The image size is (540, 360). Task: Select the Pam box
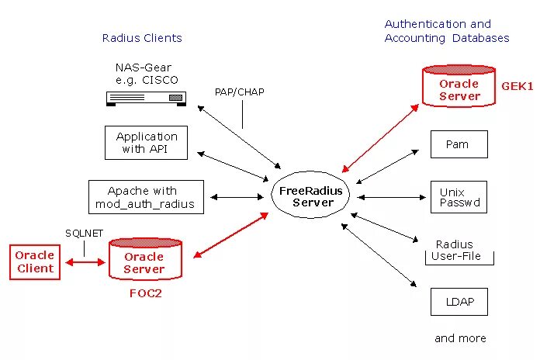click(x=459, y=144)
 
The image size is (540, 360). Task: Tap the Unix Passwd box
click(x=459, y=197)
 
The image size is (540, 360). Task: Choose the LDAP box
click(x=459, y=301)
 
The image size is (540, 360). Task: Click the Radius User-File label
click(x=459, y=250)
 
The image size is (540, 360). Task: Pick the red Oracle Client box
click(x=35, y=261)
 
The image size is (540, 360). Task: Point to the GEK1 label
click(x=517, y=87)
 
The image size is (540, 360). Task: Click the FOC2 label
click(x=145, y=294)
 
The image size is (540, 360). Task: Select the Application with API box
click(x=146, y=143)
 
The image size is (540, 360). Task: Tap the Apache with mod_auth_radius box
click(x=146, y=197)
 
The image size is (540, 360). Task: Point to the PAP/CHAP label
click(x=240, y=92)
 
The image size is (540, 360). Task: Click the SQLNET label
click(x=84, y=234)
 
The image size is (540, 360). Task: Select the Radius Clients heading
click(x=142, y=38)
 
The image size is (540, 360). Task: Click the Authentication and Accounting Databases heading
click(x=447, y=31)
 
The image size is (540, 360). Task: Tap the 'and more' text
click(x=460, y=338)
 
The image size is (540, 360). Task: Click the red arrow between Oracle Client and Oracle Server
click(x=85, y=263)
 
